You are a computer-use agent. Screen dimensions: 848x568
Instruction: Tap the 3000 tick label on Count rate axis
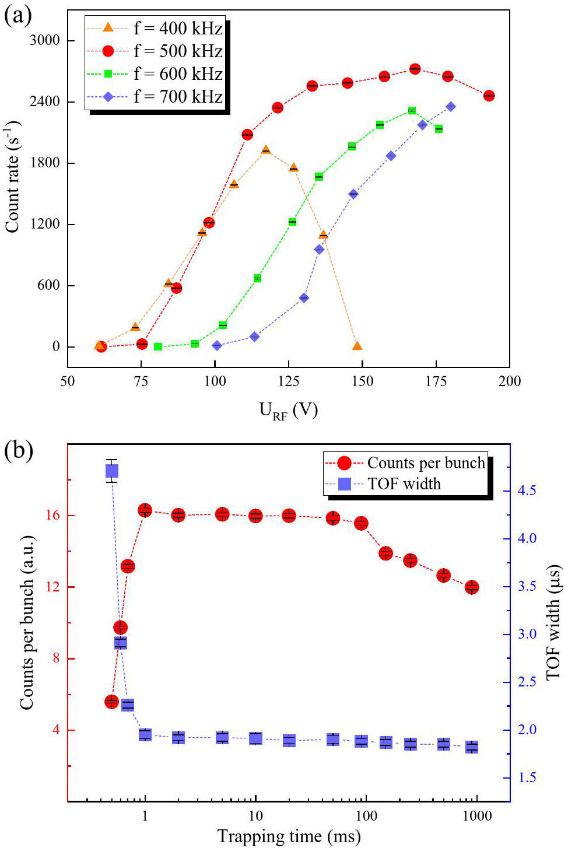(45, 40)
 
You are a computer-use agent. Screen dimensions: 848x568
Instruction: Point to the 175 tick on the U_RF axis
(436, 381)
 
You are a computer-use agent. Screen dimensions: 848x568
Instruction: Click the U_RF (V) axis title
(289, 411)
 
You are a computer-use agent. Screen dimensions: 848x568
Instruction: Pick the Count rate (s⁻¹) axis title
(13, 177)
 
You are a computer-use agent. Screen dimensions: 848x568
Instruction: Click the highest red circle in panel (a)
(415, 69)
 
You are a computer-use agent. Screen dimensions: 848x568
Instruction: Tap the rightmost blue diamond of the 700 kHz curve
(451, 107)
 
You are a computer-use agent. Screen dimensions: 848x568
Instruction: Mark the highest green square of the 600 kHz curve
(412, 110)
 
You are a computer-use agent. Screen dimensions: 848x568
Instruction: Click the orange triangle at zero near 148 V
(357, 346)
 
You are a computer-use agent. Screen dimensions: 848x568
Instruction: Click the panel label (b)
(18, 450)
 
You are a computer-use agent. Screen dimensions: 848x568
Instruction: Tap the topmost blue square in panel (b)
(112, 471)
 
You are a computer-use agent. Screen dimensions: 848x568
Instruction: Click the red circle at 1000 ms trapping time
(472, 587)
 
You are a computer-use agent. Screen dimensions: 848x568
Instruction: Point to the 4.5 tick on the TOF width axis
(527, 490)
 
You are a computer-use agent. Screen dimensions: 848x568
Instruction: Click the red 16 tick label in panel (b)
(53, 516)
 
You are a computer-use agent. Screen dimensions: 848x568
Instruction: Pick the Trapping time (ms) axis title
(289, 836)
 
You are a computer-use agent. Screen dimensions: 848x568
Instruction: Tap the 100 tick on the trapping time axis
(366, 815)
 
